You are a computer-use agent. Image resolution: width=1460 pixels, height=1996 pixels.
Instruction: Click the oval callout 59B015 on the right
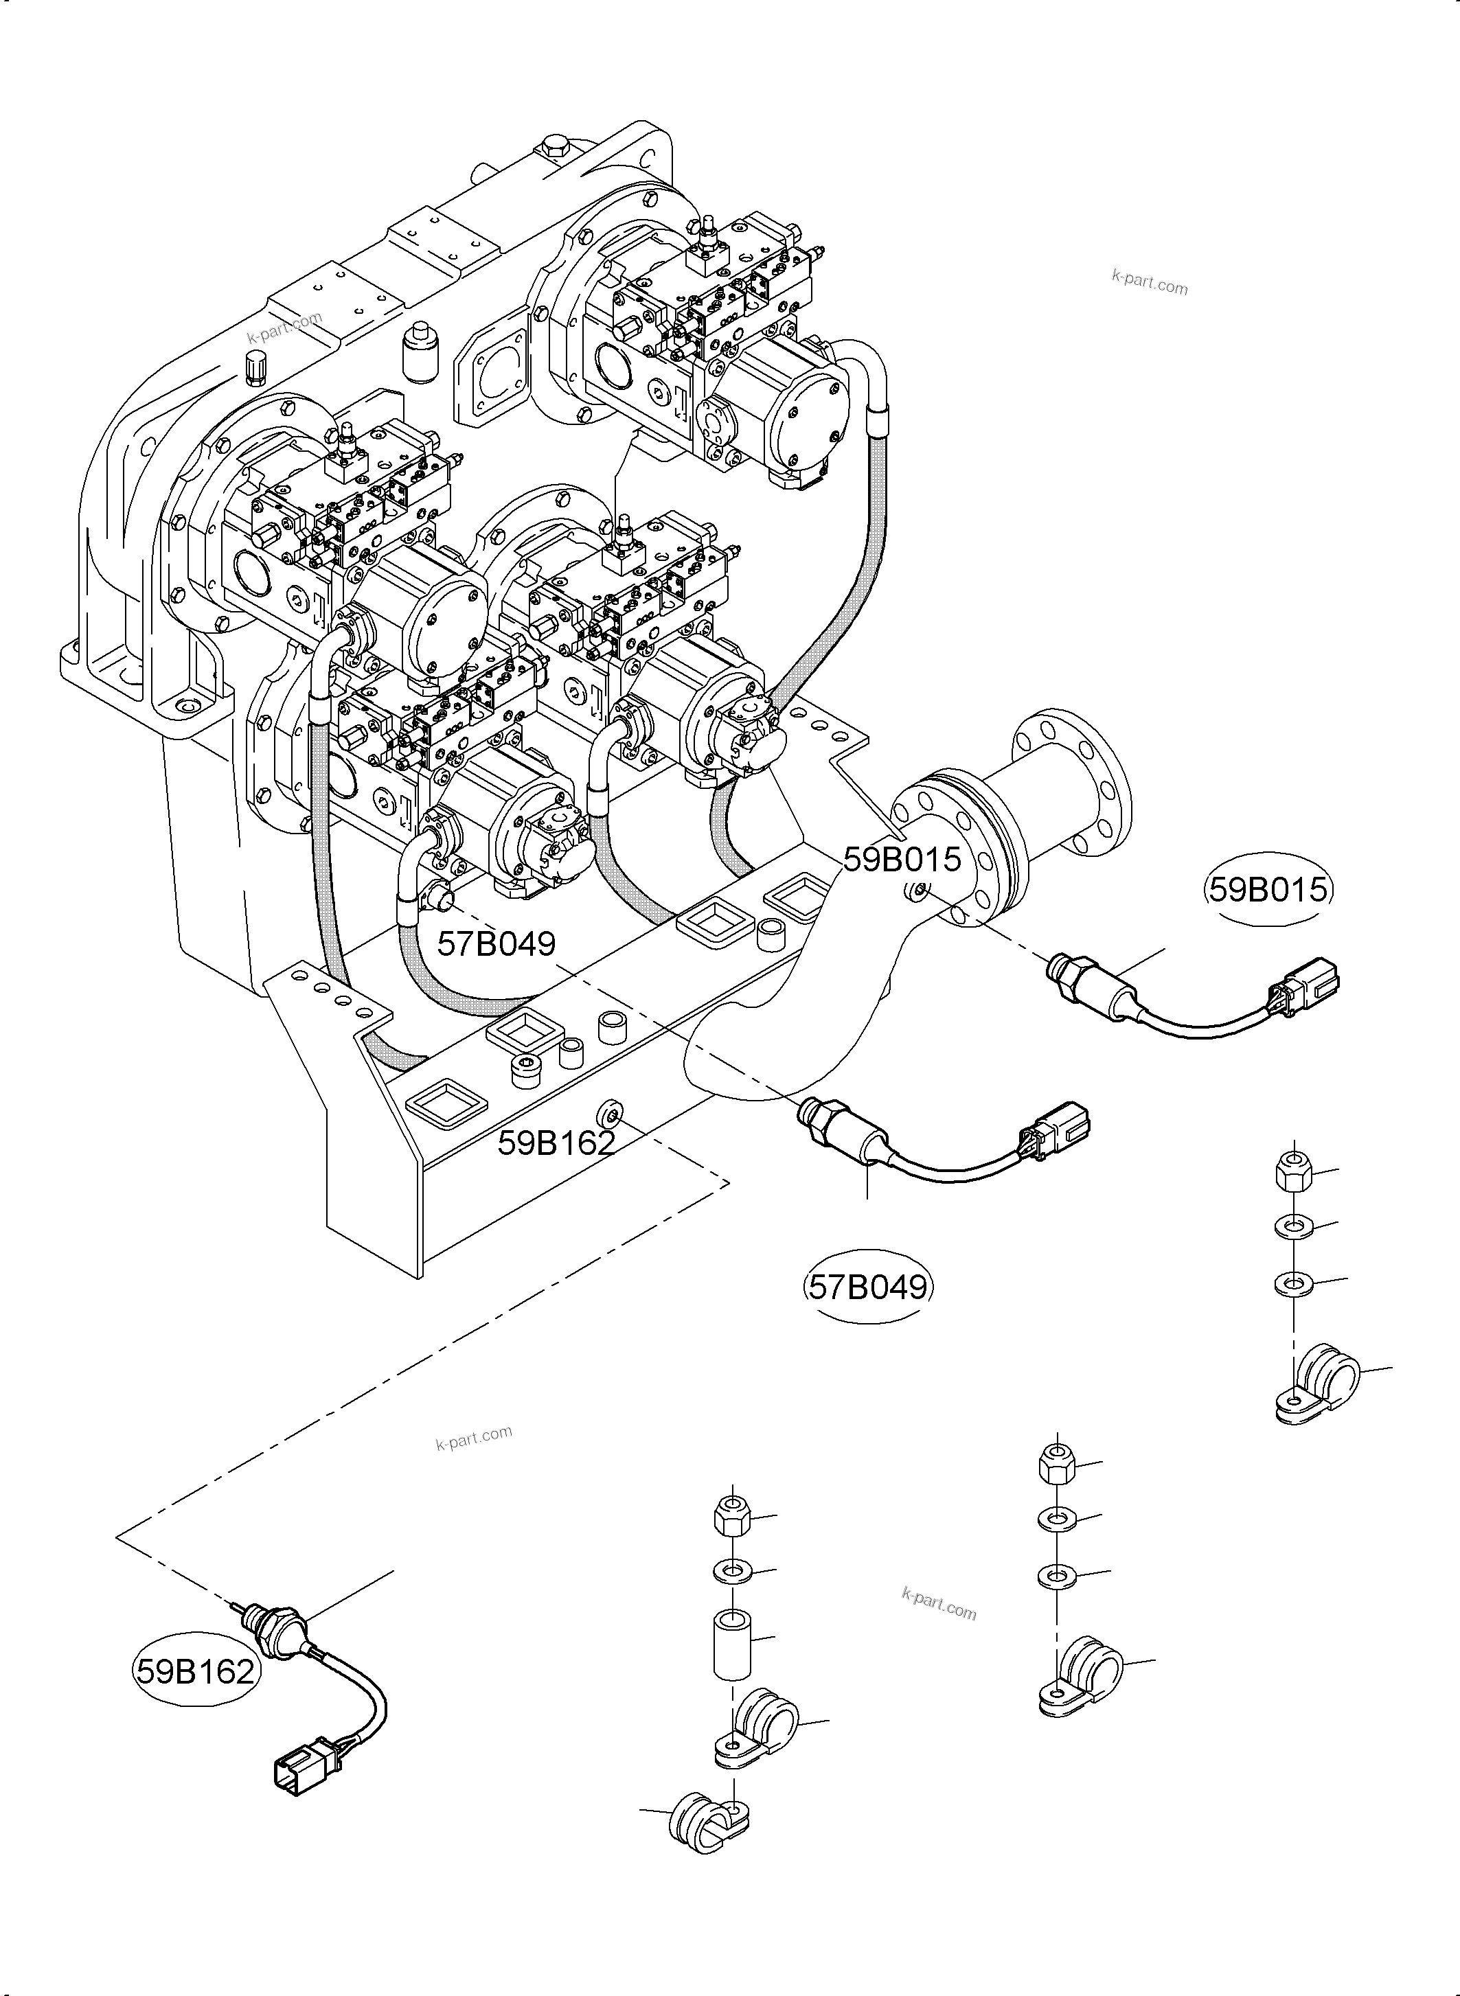tap(1268, 889)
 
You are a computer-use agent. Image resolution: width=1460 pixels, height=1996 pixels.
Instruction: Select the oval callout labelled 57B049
tap(869, 1287)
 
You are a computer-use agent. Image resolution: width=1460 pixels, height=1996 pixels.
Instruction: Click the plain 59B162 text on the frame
tap(555, 1143)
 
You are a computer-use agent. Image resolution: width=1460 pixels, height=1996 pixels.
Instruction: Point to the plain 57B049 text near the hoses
tap(497, 943)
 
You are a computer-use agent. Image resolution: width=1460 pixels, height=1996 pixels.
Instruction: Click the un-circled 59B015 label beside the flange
tap(902, 858)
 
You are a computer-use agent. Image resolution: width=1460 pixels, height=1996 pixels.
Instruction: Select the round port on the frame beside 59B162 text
tap(610, 1111)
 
